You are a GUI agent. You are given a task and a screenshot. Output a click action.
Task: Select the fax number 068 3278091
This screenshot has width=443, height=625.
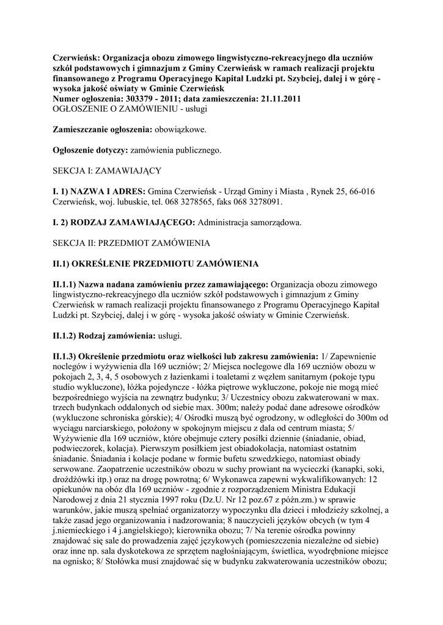pyautogui.click(x=257, y=201)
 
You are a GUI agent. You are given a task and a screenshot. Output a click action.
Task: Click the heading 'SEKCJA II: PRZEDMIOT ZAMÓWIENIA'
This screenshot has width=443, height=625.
pyautogui.click(x=131, y=243)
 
